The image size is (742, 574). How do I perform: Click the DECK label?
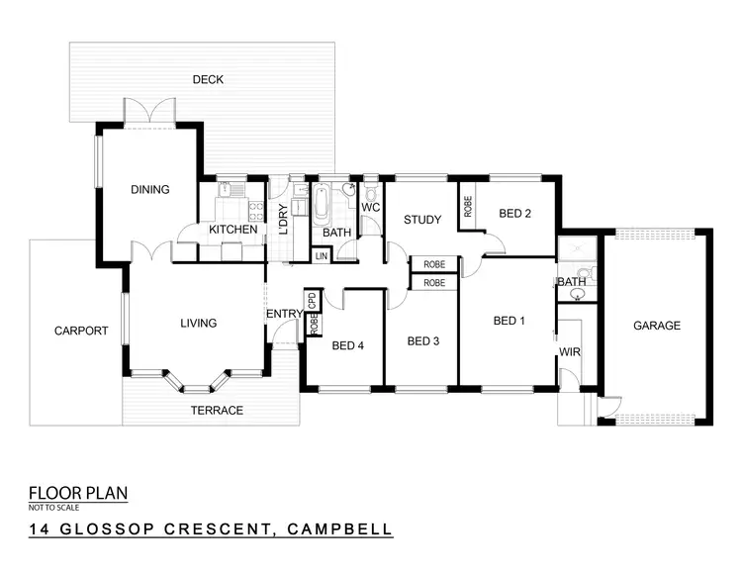pyautogui.click(x=208, y=80)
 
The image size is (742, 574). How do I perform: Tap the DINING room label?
pyautogui.click(x=150, y=190)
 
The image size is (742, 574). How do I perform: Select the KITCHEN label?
pyautogui.click(x=232, y=231)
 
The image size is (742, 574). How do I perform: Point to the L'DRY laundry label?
pyautogui.click(x=283, y=216)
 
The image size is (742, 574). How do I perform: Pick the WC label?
pyautogui.click(x=371, y=207)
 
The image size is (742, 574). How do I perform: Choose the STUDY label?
pyautogui.click(x=420, y=220)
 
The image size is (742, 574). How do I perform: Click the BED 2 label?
pyautogui.click(x=515, y=213)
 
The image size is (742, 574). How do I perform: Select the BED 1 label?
pyautogui.click(x=510, y=321)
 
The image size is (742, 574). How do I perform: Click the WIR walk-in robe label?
pyautogui.click(x=571, y=350)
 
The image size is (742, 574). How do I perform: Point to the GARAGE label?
pyautogui.click(x=657, y=326)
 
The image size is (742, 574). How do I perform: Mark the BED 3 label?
pyautogui.click(x=422, y=341)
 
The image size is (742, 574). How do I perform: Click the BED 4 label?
pyautogui.click(x=348, y=345)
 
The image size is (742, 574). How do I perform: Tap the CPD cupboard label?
pyautogui.click(x=312, y=300)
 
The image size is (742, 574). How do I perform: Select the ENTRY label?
pyautogui.click(x=284, y=315)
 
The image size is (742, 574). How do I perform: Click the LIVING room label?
pyautogui.click(x=198, y=323)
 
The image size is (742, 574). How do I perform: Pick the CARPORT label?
pyautogui.click(x=80, y=331)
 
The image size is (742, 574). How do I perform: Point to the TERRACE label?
pyautogui.click(x=218, y=410)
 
